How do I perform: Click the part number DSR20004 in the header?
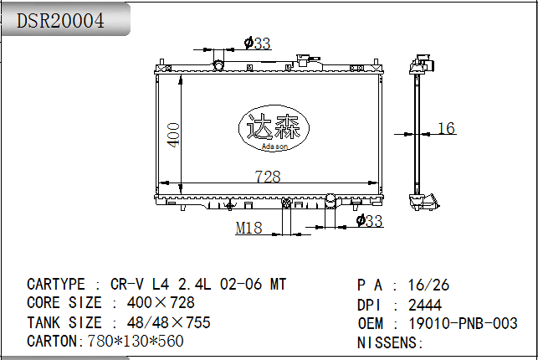60,21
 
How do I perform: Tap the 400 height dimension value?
173,135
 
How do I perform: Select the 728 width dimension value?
268,177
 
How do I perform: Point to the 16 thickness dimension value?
447,128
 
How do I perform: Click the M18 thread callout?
249,228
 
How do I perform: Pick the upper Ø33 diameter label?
258,44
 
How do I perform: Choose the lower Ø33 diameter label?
369,221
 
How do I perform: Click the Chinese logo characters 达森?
274,126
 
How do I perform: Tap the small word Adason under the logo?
274,147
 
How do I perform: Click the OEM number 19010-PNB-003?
463,323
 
